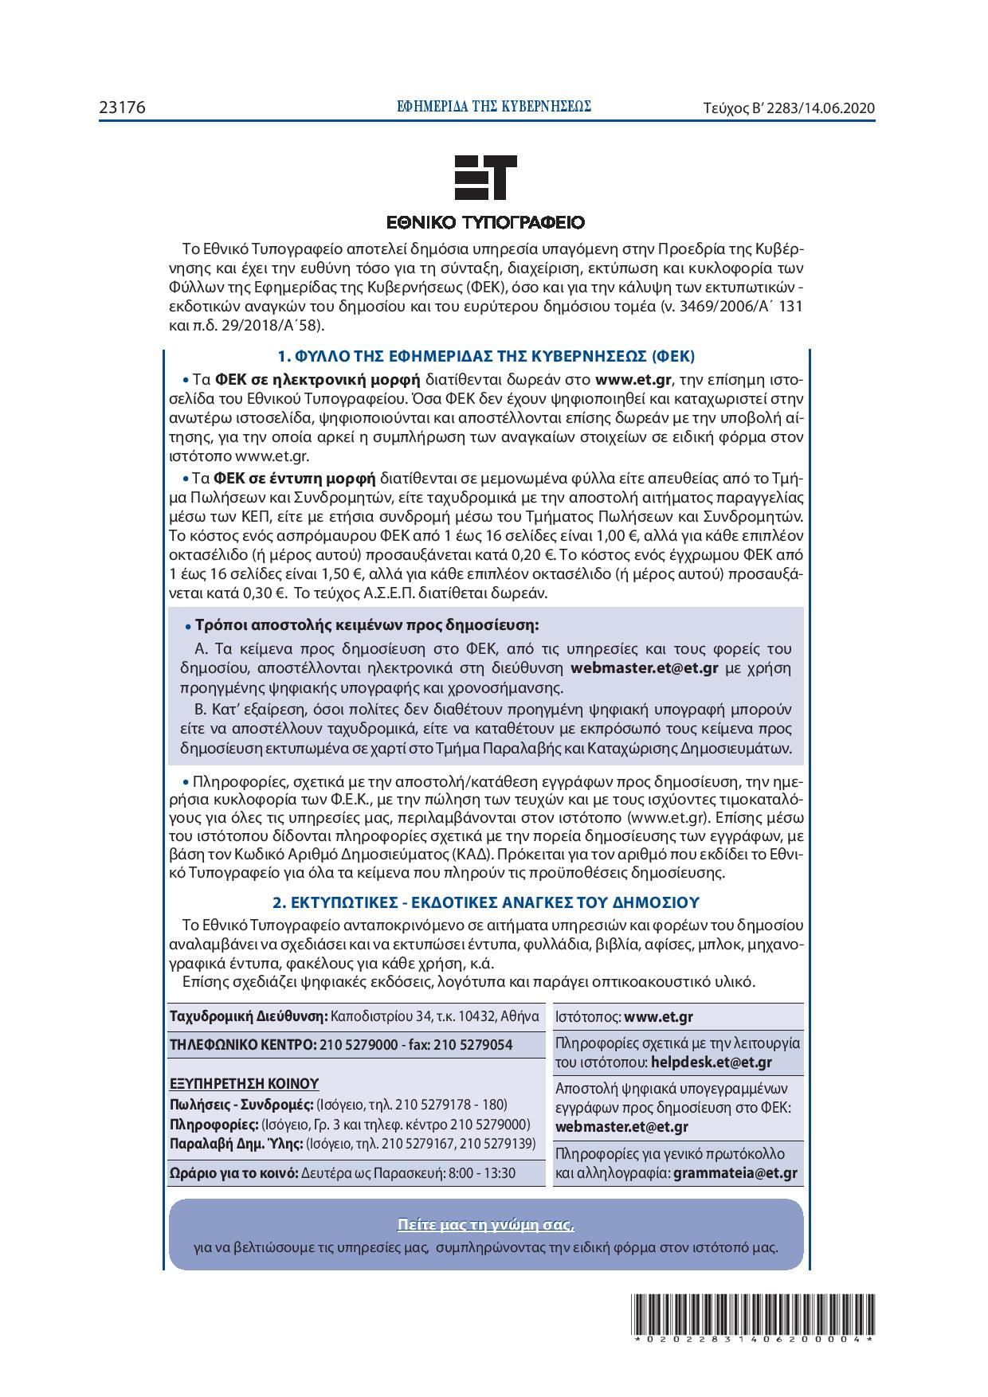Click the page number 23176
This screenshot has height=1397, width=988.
point(122,108)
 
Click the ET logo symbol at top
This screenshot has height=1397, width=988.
point(484,177)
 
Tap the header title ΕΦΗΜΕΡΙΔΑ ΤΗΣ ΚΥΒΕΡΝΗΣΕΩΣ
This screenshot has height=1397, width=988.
point(494,107)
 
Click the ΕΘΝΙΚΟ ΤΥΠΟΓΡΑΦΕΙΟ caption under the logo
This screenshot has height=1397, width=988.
point(485,221)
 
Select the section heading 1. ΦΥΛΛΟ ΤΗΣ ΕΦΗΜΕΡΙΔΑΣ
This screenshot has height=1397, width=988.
point(485,355)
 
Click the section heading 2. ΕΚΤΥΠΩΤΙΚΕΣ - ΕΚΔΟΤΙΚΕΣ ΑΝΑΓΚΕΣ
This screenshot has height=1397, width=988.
point(485,902)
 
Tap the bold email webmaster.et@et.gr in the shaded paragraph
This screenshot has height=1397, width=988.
point(645,667)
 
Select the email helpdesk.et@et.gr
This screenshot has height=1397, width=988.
point(711,1062)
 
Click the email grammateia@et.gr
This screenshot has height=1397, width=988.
point(735,1172)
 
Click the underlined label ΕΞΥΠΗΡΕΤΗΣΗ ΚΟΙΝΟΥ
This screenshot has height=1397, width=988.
point(245,1083)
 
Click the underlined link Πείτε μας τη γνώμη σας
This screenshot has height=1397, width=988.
point(485,1224)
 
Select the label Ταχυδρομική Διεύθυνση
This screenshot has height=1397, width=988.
point(249,1016)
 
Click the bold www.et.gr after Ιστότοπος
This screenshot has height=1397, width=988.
point(658,1017)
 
